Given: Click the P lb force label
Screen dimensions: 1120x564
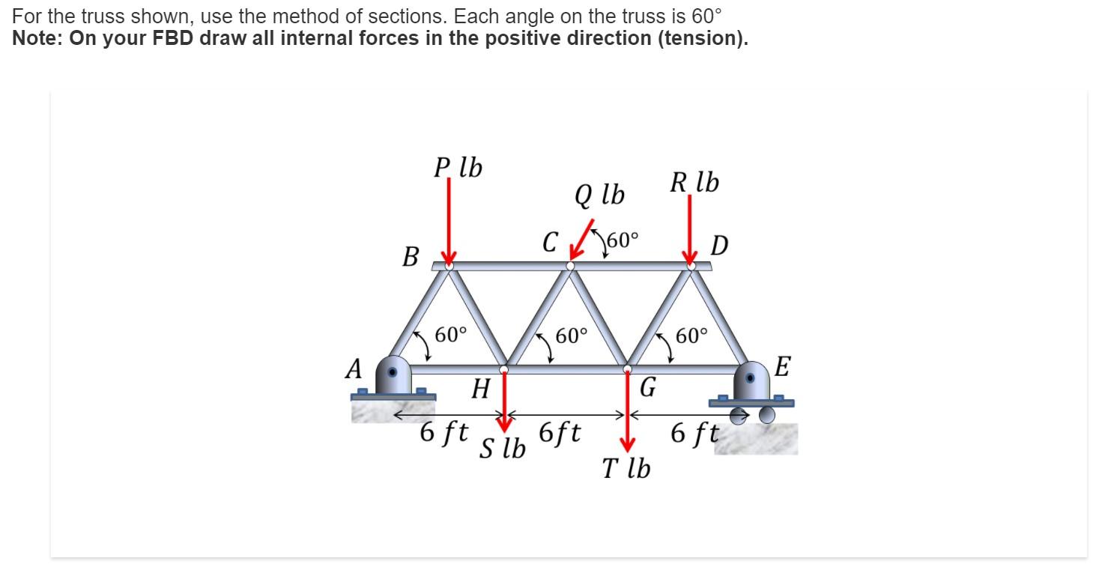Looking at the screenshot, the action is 458,168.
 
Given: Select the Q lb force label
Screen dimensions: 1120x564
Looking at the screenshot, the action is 599,195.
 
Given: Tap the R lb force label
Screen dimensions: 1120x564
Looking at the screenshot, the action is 694,182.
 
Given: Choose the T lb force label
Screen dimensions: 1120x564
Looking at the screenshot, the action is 626,468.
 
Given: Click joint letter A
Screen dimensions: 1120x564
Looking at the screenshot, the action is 354,369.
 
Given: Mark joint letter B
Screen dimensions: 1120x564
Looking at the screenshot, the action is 410,256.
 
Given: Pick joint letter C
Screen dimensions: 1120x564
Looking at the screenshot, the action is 551,243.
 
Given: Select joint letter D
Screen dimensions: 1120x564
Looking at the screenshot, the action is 718,245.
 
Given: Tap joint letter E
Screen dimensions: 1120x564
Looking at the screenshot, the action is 782,367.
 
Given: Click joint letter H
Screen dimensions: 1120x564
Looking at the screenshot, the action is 480,389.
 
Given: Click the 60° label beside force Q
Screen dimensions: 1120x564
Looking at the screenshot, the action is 623,240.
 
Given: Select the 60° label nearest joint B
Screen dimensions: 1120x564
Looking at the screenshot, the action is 451,334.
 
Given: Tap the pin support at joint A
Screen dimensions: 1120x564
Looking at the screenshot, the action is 393,376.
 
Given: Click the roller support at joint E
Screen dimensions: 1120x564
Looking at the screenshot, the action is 752,389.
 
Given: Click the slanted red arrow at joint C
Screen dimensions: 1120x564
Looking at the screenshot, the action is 582,238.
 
